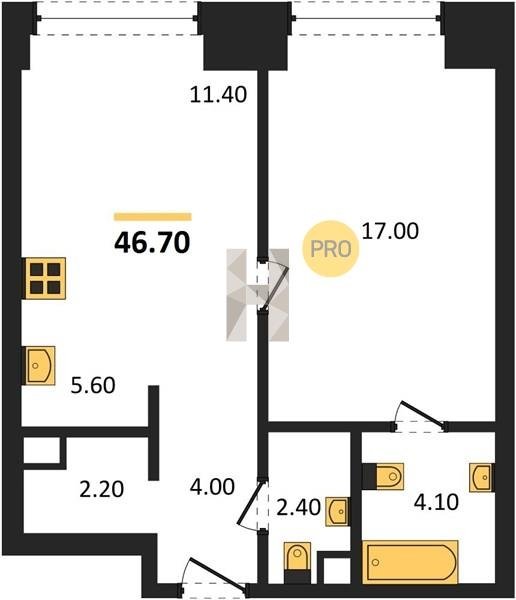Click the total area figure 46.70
coord(152,243)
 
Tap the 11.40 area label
coord(218,95)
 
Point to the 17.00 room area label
coord(390,231)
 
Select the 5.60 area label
coord(93,385)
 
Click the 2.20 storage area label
coord(101,489)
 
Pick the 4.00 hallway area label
coord(212,487)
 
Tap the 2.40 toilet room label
coord(298,508)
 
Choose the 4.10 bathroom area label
coord(436,502)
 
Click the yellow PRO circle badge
coord(331,249)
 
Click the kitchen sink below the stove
coord(40,365)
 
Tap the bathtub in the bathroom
coord(410,562)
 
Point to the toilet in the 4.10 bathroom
coord(389,476)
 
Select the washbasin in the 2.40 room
coord(337,511)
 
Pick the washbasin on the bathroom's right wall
coord(482,478)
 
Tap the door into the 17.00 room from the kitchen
coord(273,284)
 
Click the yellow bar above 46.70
coord(152,217)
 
